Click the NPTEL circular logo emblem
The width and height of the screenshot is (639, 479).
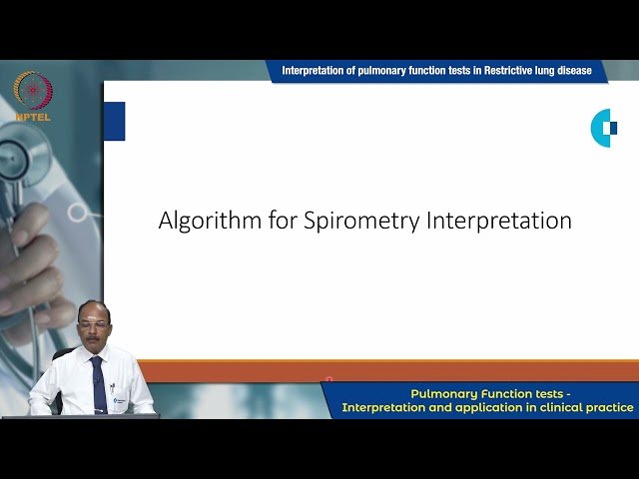click(x=33, y=91)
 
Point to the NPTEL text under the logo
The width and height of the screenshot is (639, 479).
click(x=33, y=117)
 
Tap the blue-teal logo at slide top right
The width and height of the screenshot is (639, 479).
click(x=604, y=128)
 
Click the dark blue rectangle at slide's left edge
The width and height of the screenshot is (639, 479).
click(x=114, y=121)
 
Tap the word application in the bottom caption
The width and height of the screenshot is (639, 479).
click(x=493, y=407)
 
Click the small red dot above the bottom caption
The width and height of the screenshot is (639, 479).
click(x=328, y=380)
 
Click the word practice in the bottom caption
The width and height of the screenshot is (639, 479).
click(x=609, y=407)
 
